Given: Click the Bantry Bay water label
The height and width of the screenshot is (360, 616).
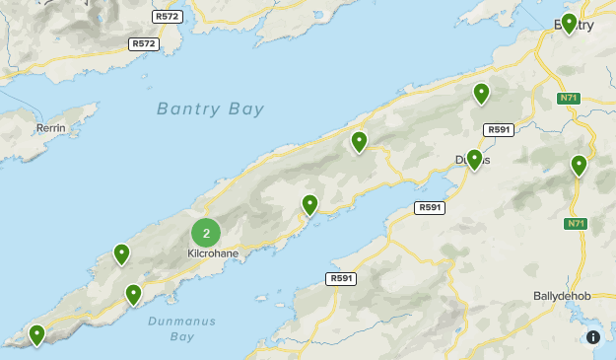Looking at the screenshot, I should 210,108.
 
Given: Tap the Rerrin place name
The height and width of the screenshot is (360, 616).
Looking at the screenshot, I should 50,128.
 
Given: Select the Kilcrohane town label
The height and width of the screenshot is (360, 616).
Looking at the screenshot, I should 213,253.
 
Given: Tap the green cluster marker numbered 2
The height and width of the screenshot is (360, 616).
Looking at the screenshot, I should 206,233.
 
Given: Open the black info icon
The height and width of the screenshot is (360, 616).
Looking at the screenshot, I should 593,337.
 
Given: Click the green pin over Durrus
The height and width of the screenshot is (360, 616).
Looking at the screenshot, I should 474,159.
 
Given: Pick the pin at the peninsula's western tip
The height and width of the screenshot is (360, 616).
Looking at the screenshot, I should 37,335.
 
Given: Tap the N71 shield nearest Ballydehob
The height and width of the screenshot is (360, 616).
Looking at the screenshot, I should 577,225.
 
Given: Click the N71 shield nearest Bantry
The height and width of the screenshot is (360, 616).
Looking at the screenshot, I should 568,98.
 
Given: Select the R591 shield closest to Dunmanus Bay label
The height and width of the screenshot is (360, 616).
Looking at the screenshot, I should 340,279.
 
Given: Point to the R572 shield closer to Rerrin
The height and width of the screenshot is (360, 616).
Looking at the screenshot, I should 144,44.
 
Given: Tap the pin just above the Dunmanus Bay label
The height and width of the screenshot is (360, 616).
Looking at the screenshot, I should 133,294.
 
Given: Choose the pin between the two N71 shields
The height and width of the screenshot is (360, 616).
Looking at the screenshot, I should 579,166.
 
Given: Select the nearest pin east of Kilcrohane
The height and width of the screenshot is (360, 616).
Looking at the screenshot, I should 309,205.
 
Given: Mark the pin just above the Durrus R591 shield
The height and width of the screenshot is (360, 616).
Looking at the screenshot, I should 481,94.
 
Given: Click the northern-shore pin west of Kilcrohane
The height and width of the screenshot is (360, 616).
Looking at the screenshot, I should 121,254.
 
